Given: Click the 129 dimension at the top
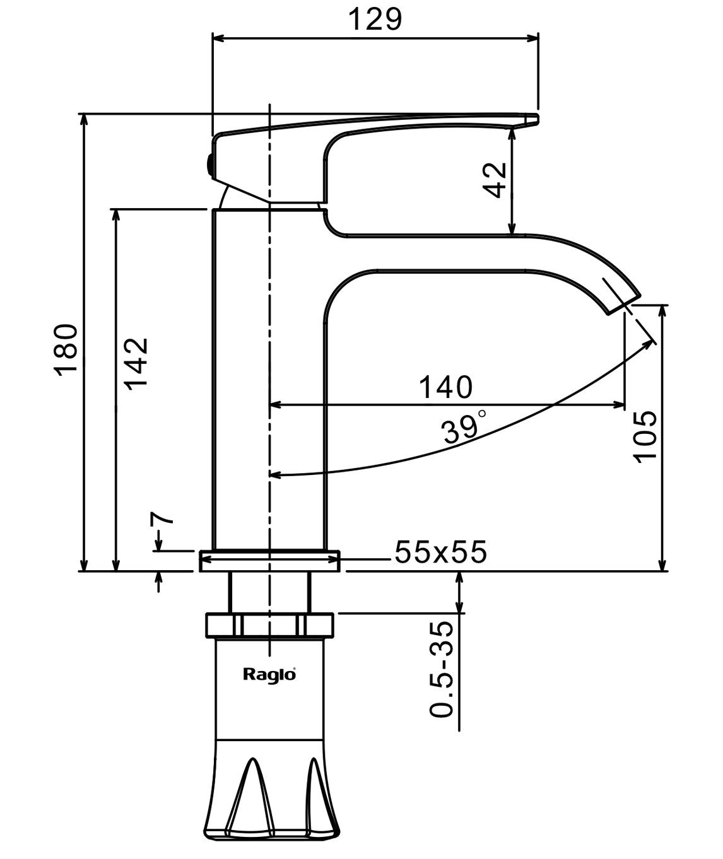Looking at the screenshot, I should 375,20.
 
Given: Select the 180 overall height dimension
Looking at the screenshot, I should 66,349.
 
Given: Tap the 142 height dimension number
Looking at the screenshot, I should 136,364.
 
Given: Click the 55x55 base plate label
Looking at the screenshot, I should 440,552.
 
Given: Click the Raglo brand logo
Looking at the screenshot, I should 269,674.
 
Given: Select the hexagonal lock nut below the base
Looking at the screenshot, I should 269,625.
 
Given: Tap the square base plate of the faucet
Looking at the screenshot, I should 269,561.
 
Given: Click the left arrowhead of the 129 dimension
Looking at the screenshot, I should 218,38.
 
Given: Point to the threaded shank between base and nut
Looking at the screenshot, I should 269,592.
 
